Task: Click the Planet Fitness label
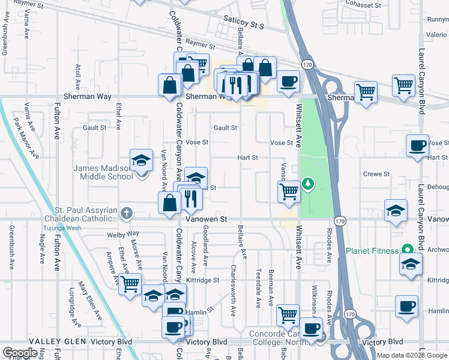click(372, 250)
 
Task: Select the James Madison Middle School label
click(103, 173)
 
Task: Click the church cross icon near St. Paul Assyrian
click(125, 213)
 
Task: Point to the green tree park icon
click(308, 182)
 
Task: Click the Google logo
click(20, 352)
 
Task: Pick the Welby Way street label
click(123, 233)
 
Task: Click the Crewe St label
click(378, 174)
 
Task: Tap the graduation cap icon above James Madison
click(141, 160)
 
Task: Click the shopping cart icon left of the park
click(289, 191)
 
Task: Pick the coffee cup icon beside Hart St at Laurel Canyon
click(417, 145)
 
